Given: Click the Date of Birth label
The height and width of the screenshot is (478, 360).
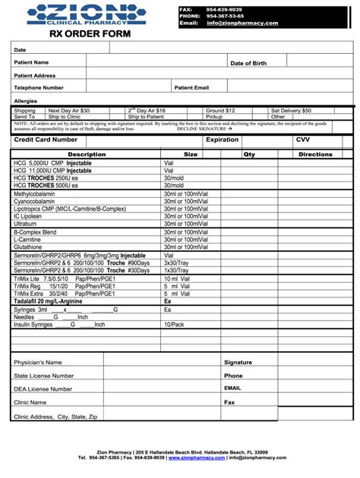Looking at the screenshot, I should (x=248, y=63).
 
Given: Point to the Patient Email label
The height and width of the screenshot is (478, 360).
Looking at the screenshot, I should (x=191, y=87).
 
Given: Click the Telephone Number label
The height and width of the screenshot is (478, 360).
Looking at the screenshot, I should (x=39, y=87).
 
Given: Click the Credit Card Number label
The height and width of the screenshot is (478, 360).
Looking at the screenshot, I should (x=46, y=140).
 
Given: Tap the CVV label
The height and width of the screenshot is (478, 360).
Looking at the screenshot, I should (x=302, y=140).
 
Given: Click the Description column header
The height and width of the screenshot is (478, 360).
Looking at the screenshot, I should (x=87, y=154).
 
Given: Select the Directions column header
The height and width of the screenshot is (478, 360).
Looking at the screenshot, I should (x=315, y=154).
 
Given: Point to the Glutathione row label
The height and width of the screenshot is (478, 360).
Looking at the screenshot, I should (x=28, y=247).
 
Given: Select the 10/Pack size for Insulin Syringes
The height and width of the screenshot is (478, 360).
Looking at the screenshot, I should (x=175, y=324).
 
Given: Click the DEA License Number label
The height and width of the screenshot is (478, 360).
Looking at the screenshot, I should (x=43, y=388).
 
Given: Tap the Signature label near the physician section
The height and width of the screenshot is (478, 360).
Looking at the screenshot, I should (x=238, y=363).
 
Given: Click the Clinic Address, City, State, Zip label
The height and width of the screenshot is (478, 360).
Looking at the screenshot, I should (x=55, y=417).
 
